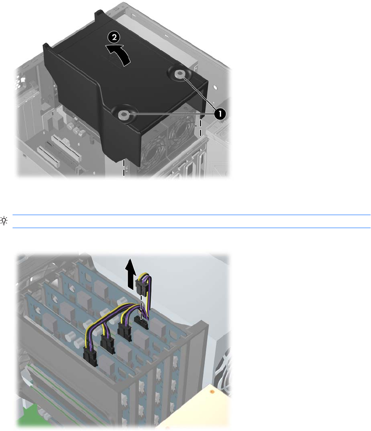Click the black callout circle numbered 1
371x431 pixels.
point(220,114)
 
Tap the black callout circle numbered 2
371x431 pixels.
point(114,37)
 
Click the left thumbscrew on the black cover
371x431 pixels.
point(122,114)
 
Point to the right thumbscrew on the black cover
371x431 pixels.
point(180,73)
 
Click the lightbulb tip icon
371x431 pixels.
point(4,221)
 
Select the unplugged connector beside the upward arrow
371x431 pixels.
point(142,285)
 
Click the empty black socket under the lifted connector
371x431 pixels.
point(142,323)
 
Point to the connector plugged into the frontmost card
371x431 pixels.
point(90,356)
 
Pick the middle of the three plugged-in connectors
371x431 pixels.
point(108,344)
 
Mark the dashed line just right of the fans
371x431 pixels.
point(201,127)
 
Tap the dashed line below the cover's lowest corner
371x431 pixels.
point(124,167)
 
